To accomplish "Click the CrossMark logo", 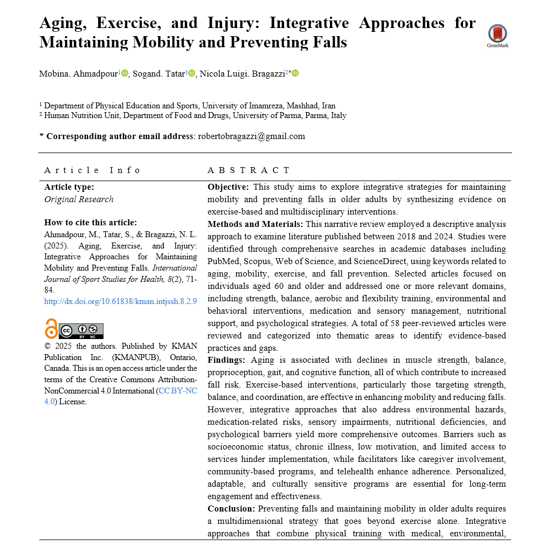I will click(x=498, y=35).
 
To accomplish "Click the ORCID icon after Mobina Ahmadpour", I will click(x=125, y=73).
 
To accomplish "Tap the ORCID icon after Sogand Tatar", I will click(x=191, y=73).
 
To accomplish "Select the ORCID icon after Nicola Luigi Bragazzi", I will click(x=295, y=73).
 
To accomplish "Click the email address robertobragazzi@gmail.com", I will click(x=251, y=136).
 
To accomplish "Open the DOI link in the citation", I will click(x=120, y=301).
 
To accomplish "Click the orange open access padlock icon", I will click(x=51, y=329).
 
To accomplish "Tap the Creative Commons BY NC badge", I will click(x=81, y=330).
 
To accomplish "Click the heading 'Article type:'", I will click(x=69, y=187).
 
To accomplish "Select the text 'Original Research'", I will click(x=79, y=199).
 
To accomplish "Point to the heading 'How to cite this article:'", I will click(x=91, y=222).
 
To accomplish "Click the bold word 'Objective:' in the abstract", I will click(x=228, y=187).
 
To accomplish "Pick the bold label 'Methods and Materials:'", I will click(x=254, y=224).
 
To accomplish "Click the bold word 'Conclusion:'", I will click(x=231, y=509).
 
